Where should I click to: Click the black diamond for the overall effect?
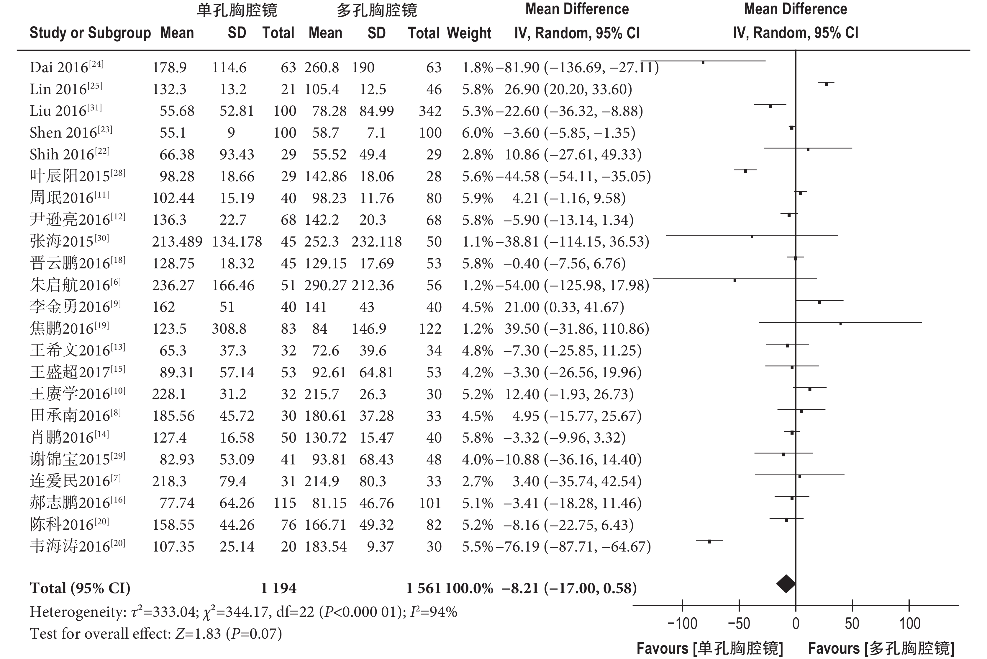pyautogui.click(x=786, y=584)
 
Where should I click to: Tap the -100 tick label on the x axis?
pyautogui.click(x=682, y=623)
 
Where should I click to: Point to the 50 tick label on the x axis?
pyautogui.click(x=852, y=623)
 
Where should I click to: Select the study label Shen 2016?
pyautogui.click(x=70, y=133)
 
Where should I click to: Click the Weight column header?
pyautogui.click(x=469, y=33)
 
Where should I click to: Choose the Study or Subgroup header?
pyautogui.click(x=90, y=33)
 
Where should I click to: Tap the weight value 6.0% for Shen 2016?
pyautogui.click(x=477, y=133)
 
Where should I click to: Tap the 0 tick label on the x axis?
pyautogui.click(x=796, y=623)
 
